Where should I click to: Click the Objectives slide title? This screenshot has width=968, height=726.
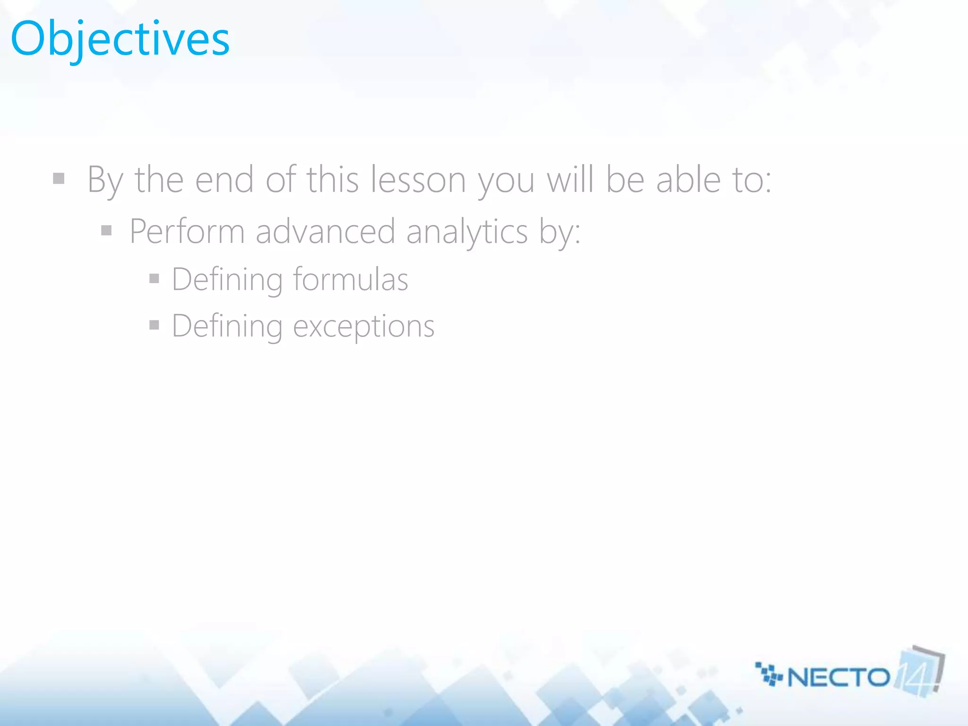pos(120,39)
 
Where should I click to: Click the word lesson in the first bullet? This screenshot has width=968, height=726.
pos(418,180)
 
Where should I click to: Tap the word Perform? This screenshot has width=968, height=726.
pos(187,232)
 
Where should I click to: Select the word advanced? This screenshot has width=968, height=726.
pos(325,232)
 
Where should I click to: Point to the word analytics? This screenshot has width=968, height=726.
pos(467,233)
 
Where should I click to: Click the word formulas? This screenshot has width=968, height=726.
pos(350,279)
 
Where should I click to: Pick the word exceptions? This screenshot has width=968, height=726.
pos(363,327)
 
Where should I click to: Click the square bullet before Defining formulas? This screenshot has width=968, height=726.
pos(154,278)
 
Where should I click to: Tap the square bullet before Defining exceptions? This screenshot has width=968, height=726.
pos(154,325)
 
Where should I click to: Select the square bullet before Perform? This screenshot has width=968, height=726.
pos(107,231)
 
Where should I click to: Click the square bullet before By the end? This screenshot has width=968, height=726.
pos(59,179)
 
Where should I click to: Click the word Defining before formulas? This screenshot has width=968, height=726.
pos(227,279)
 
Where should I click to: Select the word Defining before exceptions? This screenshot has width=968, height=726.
pos(227,327)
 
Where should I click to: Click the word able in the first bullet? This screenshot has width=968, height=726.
pos(688,180)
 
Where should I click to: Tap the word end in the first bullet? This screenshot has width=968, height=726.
pos(225,180)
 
